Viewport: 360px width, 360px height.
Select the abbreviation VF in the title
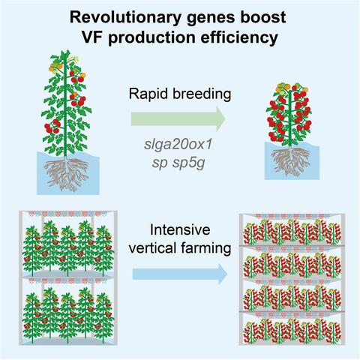pos(92,37)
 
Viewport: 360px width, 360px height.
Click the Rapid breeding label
pos(180,94)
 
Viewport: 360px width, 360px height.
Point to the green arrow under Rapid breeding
pos(178,118)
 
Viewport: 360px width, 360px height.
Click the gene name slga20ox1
pos(178,145)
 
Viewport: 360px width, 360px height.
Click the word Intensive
pos(180,230)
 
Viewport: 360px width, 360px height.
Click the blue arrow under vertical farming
pos(180,274)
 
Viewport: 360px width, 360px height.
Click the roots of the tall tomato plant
pos(67,175)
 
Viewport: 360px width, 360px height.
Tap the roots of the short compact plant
pos(291,160)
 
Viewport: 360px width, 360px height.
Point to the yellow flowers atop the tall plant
pos(74,59)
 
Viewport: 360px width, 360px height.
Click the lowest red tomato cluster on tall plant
pos(52,127)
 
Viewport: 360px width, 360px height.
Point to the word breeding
pos(202,94)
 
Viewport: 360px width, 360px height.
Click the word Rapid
pos(148,94)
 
